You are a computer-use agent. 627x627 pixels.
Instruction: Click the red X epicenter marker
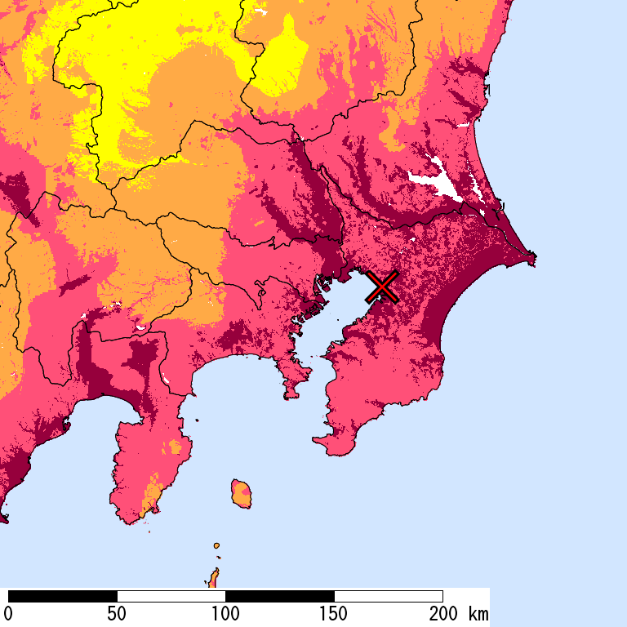tap(381, 287)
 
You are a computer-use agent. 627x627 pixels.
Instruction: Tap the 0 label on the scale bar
tap(8, 614)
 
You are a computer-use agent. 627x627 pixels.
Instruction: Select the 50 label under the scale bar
tap(117, 614)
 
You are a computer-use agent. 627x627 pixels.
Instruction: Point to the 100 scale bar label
tap(225, 614)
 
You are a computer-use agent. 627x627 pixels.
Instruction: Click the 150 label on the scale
tap(334, 614)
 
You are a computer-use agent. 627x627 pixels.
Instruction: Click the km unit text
tap(478, 614)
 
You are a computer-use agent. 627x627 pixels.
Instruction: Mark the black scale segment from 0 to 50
tap(63, 596)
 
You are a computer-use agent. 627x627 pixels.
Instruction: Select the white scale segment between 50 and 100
tap(171, 596)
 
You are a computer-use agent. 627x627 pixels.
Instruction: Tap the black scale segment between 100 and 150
tap(280, 596)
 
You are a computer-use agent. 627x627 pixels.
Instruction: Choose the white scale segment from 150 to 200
tap(389, 596)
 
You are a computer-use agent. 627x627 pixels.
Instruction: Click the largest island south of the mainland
tap(242, 494)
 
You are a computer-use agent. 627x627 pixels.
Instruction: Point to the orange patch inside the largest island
tap(242, 492)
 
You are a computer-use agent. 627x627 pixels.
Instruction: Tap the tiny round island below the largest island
tap(216, 545)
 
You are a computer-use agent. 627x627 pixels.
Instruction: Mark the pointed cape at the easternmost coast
tap(534, 260)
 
